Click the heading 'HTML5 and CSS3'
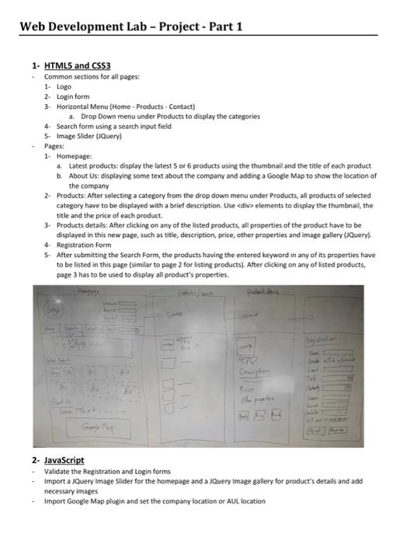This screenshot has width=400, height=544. click(x=78, y=65)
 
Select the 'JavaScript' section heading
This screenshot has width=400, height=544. click(x=65, y=460)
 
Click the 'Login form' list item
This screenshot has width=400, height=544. click(x=71, y=96)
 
